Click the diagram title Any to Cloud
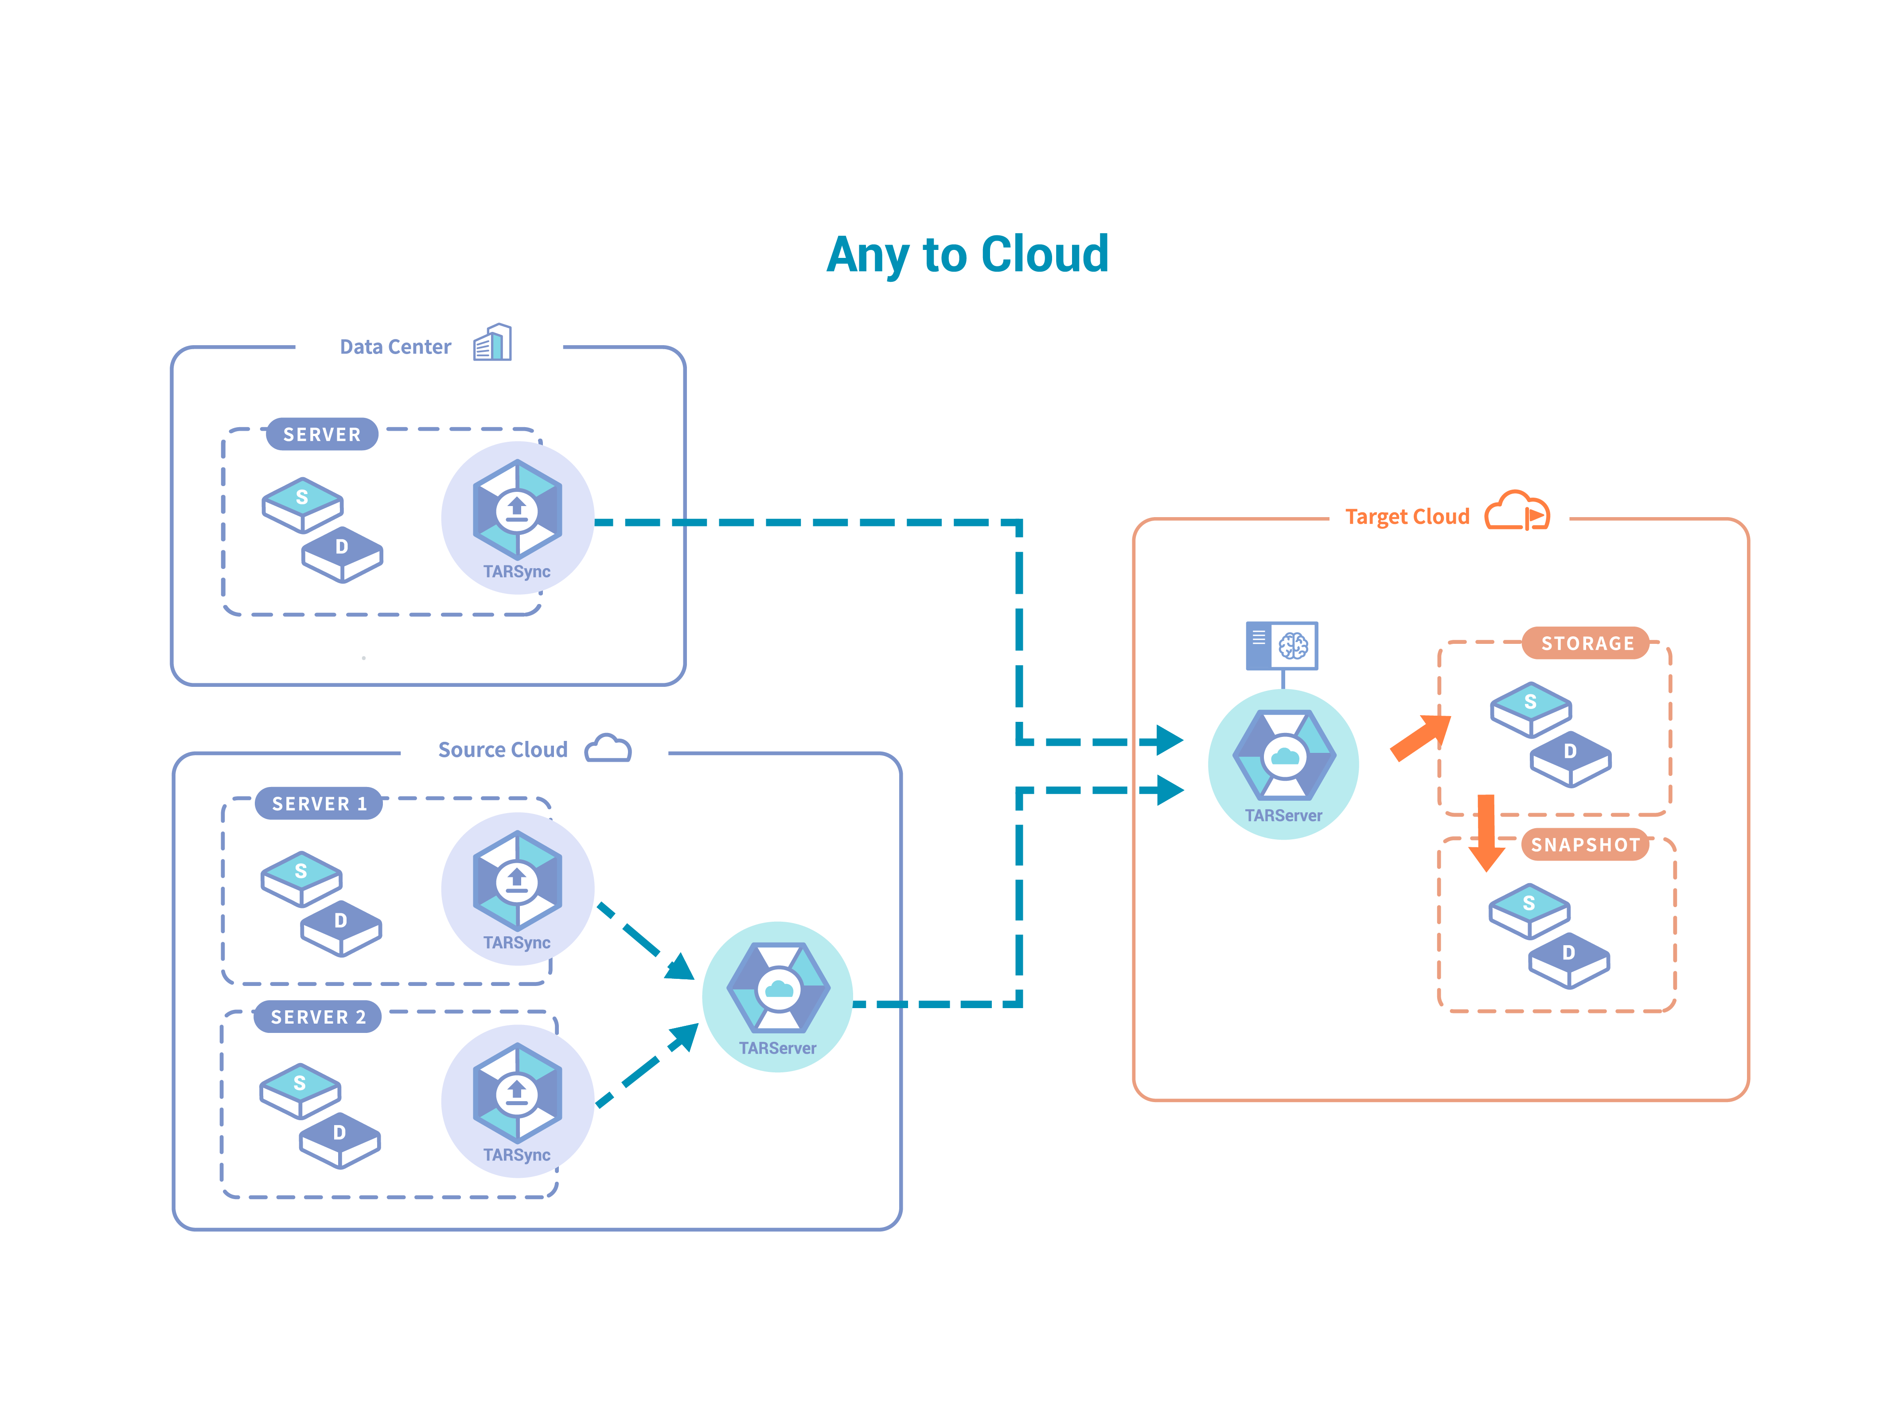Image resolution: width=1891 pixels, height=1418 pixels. pyautogui.click(x=967, y=255)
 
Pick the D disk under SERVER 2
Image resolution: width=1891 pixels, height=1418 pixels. pyautogui.click(x=339, y=1138)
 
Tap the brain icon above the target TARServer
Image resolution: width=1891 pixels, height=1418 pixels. pyautogui.click(x=1293, y=645)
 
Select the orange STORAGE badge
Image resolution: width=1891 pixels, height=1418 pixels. pyautogui.click(x=1587, y=643)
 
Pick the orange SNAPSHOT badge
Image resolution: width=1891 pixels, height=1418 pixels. pyautogui.click(x=1585, y=845)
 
